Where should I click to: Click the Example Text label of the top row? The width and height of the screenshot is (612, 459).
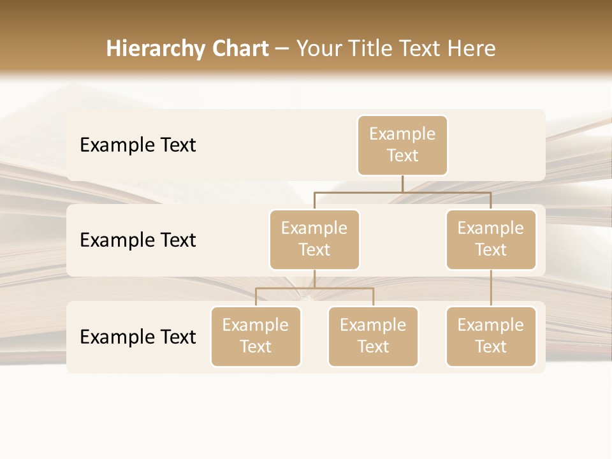138,145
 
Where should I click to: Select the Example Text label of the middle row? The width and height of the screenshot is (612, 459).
138,240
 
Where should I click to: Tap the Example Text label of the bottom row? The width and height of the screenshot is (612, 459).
138,337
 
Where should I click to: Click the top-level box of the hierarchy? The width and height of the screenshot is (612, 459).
402,145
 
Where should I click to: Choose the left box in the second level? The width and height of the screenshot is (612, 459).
314,240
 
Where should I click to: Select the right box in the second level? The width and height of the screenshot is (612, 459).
491,240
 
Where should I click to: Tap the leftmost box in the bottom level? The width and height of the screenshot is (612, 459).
256,337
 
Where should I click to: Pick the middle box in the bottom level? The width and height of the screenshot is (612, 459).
373,337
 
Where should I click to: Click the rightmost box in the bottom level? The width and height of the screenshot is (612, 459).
491,337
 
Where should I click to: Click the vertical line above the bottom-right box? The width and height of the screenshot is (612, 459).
491,288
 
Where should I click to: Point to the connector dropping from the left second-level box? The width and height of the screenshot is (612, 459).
314,279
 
